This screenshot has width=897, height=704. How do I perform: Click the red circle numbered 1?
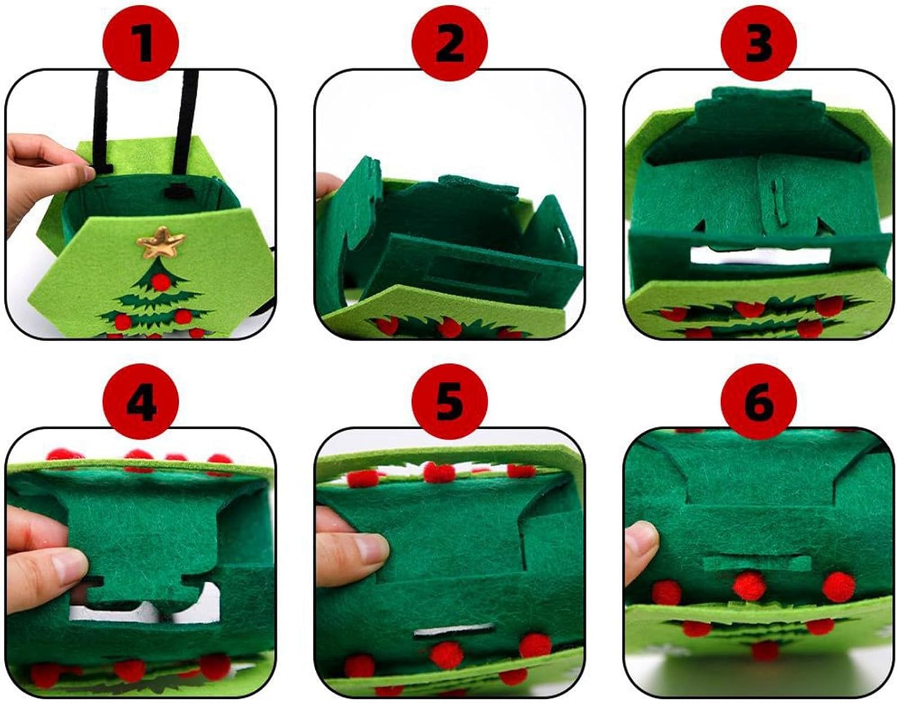point(141,43)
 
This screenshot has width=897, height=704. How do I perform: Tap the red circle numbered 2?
point(450,43)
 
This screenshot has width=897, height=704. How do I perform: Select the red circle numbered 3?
point(759,43)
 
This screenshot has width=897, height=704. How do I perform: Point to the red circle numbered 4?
point(141,402)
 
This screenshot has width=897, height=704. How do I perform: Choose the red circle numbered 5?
point(450,402)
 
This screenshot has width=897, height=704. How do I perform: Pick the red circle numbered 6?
point(759,402)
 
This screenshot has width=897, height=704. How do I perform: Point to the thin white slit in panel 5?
point(454,632)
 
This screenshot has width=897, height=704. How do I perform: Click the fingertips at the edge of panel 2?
point(328,185)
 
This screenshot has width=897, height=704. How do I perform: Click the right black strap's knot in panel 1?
point(180,191)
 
